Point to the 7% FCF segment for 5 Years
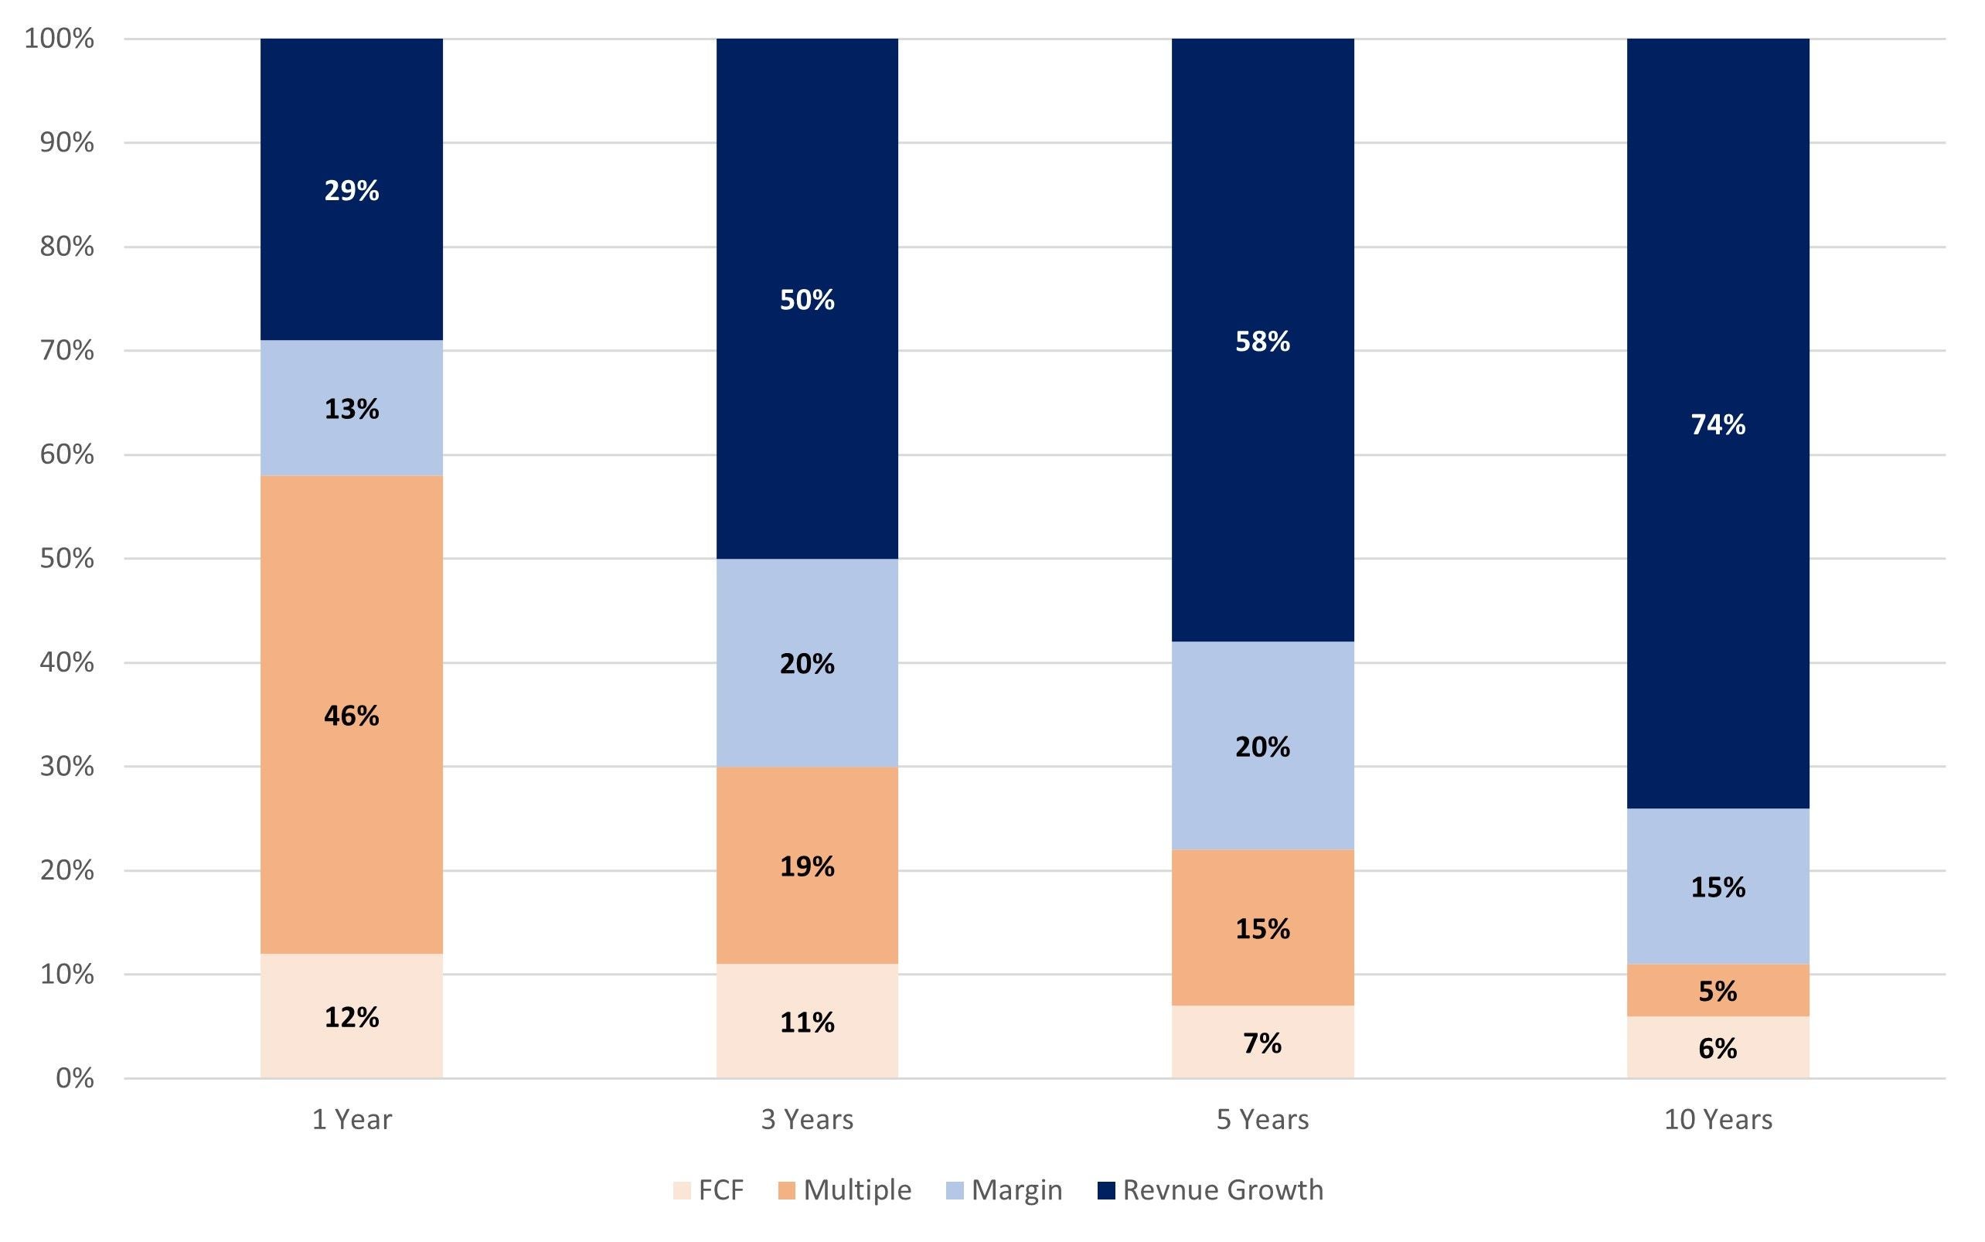1262,1043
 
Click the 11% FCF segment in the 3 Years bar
807,1022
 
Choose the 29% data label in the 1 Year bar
352,191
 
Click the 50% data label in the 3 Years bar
807,300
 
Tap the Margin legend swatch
954,1190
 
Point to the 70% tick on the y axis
66,351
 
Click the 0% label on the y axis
74,1078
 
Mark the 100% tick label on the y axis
60,39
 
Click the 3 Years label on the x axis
807,1120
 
